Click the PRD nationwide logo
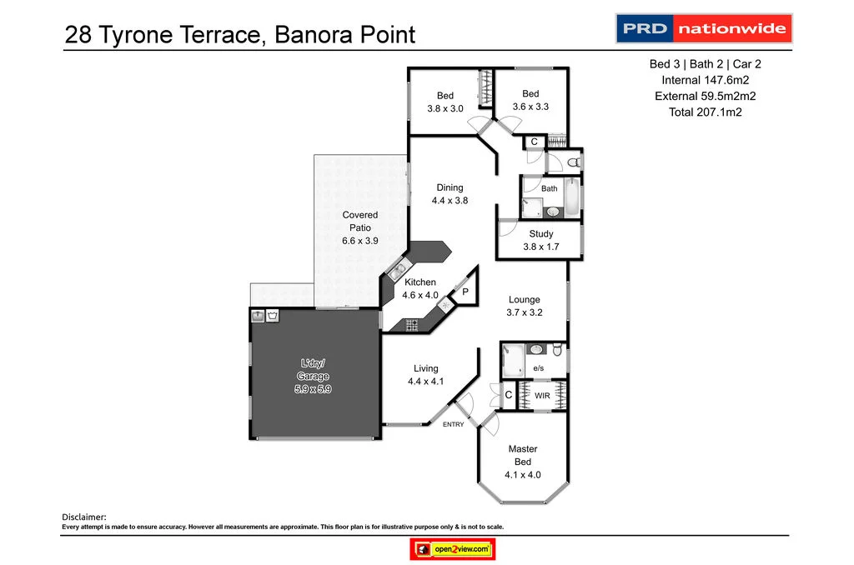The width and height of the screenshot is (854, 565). [703, 28]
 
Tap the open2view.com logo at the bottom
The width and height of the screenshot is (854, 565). [453, 549]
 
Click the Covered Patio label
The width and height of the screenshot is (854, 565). [360, 227]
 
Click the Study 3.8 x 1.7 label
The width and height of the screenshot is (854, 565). [540, 240]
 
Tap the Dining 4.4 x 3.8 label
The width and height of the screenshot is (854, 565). [450, 194]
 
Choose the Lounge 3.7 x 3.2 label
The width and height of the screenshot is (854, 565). [525, 306]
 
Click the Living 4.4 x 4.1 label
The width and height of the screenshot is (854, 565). [425, 375]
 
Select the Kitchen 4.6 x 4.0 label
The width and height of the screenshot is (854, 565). [420, 288]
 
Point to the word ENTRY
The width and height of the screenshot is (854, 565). [454, 425]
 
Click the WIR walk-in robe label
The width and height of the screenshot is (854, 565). [542, 396]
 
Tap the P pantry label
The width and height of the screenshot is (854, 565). [465, 292]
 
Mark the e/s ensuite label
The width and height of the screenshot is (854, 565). [538, 368]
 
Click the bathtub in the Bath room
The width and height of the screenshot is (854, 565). [570, 197]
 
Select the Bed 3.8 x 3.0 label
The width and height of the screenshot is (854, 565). [445, 101]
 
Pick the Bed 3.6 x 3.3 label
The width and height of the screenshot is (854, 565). [530, 100]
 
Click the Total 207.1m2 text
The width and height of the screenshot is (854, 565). [705, 112]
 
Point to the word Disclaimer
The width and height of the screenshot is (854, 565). [85, 517]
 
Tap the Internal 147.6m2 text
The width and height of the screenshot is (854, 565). [705, 80]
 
